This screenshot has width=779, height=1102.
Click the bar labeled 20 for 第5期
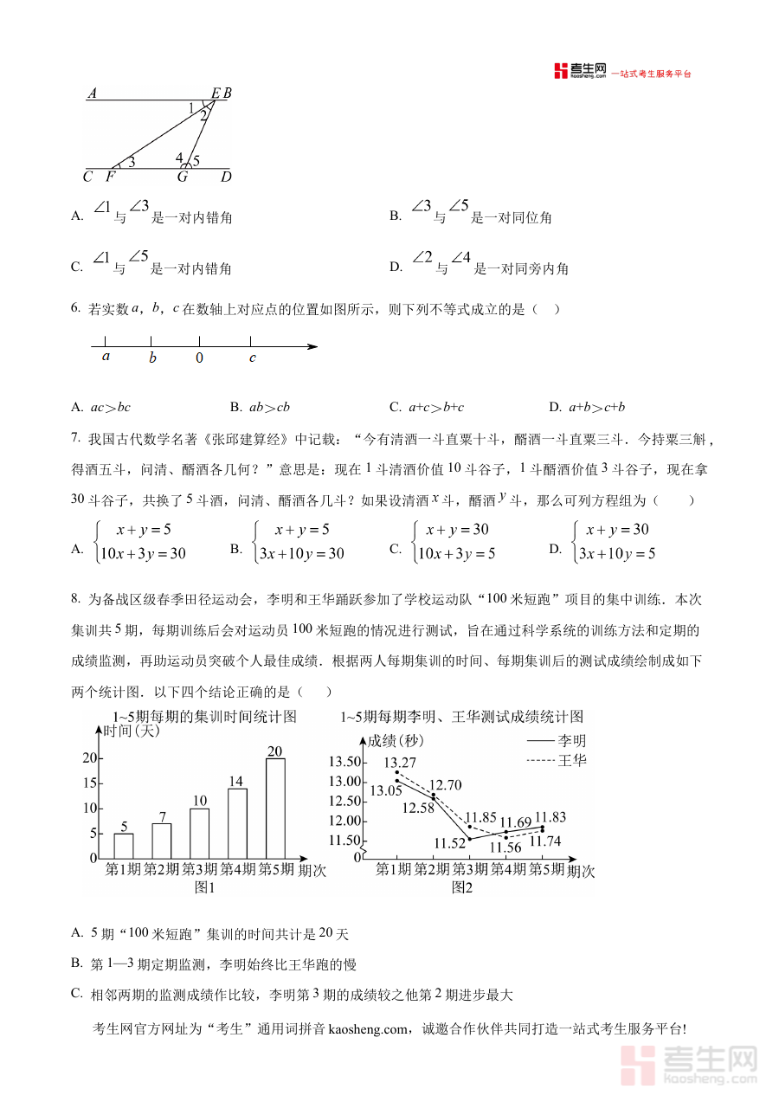[x=275, y=808]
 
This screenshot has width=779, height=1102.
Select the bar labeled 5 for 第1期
[x=124, y=845]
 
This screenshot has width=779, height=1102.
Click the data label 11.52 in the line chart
[x=450, y=843]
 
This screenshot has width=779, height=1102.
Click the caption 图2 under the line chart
[x=462, y=887]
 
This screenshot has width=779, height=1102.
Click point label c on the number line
[x=253, y=358]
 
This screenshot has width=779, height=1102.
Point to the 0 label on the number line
[x=199, y=358]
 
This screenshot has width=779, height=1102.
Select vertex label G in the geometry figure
[x=183, y=177]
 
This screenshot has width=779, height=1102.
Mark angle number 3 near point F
[x=132, y=162]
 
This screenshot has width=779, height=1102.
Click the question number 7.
[x=76, y=439]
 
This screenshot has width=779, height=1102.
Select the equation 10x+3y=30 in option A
[x=143, y=554]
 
